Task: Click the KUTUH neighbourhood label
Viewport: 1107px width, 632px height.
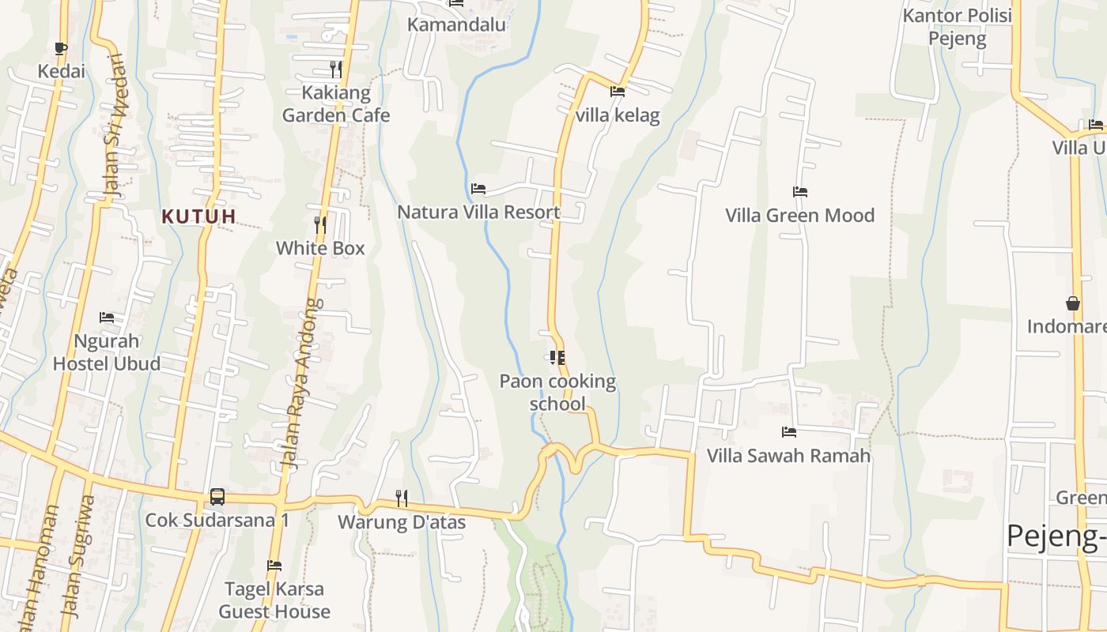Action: tap(199, 216)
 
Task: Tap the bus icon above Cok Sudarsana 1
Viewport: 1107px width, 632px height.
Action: tap(217, 497)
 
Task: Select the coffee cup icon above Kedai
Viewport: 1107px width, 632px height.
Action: tap(61, 49)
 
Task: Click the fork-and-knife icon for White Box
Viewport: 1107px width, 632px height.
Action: tap(319, 225)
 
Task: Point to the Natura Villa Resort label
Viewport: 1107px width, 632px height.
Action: tap(478, 212)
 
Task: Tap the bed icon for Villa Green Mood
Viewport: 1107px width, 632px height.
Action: tap(800, 192)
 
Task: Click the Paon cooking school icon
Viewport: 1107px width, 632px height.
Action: tap(557, 358)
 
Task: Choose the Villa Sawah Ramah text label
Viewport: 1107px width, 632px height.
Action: tap(788, 456)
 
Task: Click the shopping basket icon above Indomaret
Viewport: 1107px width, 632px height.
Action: tap(1073, 303)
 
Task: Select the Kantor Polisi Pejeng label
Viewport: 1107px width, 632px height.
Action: tap(958, 28)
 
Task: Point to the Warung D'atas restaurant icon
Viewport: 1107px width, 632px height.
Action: tap(402, 498)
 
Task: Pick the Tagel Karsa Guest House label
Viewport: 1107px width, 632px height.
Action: tap(274, 600)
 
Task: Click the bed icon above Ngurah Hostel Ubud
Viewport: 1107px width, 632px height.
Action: tap(107, 318)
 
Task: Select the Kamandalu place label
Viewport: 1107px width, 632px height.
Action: tap(456, 24)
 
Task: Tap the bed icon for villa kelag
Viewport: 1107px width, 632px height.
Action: tap(618, 92)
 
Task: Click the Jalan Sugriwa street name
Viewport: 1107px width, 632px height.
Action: tap(77, 556)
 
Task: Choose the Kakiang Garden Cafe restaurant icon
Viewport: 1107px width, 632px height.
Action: tap(336, 70)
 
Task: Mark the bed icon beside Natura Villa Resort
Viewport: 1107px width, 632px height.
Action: tap(478, 189)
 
